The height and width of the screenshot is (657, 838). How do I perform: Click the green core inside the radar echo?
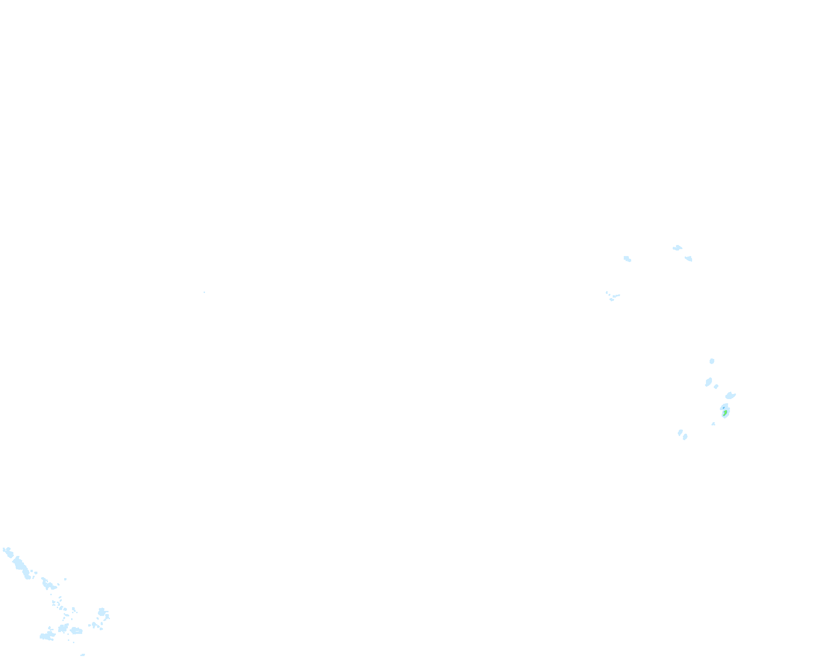point(725,412)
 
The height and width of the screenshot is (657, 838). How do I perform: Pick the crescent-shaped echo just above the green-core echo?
point(730,395)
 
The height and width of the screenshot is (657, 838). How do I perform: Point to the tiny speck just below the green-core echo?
point(713,424)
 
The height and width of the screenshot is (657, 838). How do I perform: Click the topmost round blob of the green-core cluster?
point(711,361)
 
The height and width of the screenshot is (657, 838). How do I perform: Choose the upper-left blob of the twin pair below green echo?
point(680,432)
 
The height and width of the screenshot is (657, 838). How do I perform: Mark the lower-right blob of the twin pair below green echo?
point(685,437)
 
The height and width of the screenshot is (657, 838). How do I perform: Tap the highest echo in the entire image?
point(677,248)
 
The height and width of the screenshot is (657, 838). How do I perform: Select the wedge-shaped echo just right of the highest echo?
point(688,258)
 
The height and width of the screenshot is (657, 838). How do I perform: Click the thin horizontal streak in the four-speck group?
point(616,295)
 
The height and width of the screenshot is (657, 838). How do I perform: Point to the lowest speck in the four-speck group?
point(612,300)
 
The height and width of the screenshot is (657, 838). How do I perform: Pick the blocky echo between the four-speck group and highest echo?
point(627,259)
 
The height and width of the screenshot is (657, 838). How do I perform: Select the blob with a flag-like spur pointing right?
point(102,612)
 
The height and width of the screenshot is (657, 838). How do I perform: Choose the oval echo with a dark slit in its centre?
point(76,631)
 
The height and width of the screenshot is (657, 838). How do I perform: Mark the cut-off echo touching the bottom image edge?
point(83,655)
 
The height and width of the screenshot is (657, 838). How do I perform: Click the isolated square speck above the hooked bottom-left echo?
point(65,579)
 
